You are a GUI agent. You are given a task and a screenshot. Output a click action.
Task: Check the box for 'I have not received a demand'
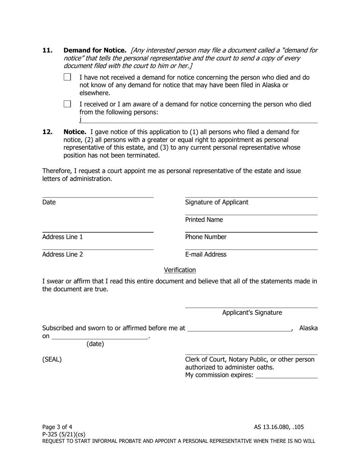[x=67, y=77]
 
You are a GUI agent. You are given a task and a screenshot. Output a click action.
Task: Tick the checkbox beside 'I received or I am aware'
[x=67, y=104]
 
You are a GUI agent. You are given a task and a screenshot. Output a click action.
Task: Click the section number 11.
[x=47, y=50]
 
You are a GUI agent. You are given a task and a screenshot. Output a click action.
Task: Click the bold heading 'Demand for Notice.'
[x=95, y=50]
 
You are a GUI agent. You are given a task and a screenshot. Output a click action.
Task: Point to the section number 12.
[x=47, y=132]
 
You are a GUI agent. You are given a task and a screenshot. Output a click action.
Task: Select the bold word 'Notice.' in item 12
[x=75, y=132]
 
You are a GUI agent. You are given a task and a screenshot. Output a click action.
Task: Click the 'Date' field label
[x=49, y=202]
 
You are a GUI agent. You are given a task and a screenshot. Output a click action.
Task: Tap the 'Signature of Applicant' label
[x=217, y=202]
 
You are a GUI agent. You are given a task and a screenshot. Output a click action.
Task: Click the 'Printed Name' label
[x=204, y=220]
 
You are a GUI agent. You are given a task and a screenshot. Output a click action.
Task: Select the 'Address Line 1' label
[x=63, y=237]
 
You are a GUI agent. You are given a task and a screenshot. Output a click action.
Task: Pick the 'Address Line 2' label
[x=63, y=255]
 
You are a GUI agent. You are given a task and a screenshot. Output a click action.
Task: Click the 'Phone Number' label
[x=206, y=237]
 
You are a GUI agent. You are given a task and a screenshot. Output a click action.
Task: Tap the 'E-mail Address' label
[x=206, y=255]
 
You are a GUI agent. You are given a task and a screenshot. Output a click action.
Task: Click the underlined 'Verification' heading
[x=180, y=270]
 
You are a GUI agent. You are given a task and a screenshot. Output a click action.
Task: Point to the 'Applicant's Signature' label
[x=252, y=313]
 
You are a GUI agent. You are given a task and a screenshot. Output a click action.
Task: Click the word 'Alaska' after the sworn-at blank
[x=308, y=328]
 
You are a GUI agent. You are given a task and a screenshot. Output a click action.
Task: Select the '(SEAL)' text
[x=52, y=360]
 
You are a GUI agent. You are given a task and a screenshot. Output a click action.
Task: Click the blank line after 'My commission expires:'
[x=286, y=375]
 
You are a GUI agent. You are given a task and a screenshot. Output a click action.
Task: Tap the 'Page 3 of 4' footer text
[x=57, y=427]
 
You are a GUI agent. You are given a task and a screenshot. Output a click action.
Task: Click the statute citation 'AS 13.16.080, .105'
[x=279, y=427]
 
